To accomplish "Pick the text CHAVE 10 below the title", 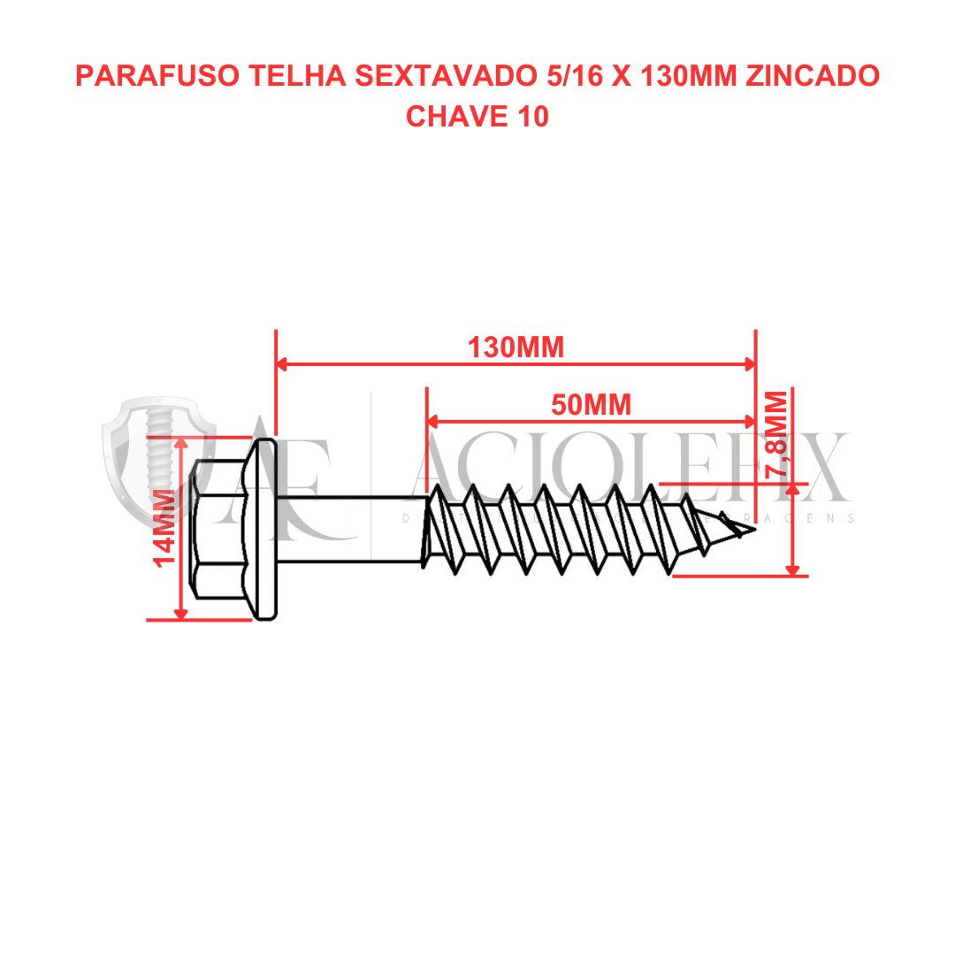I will [x=477, y=116].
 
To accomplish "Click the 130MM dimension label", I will [x=516, y=348].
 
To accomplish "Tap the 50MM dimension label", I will [x=591, y=405].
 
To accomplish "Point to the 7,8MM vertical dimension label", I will [x=777, y=436].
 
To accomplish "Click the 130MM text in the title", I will [x=688, y=76].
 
